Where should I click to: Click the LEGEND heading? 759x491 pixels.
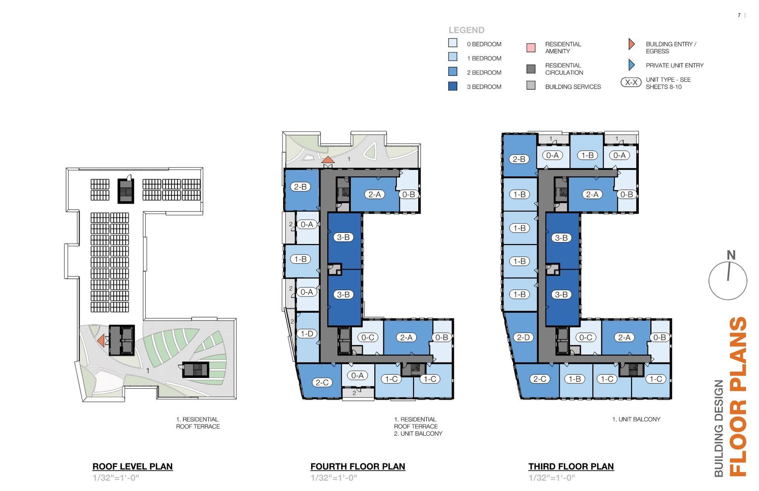(466, 30)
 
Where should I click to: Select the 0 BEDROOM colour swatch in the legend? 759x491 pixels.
(453, 43)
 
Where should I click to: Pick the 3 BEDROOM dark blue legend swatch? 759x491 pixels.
(453, 86)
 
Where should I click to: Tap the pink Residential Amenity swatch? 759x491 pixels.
(531, 47)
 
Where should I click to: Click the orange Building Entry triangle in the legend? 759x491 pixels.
(631, 44)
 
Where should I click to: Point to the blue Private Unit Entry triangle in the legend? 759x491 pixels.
(631, 65)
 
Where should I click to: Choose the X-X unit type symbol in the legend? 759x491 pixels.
(631, 82)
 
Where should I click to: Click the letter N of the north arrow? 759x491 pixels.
(731, 255)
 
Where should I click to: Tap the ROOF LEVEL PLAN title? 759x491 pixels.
(132, 466)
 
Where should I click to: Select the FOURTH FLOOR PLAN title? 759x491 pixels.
(358, 466)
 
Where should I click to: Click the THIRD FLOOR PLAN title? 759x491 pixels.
(571, 466)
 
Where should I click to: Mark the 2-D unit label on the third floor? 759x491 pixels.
(523, 337)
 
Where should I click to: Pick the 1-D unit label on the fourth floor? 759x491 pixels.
(307, 334)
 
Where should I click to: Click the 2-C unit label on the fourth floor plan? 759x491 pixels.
(322, 382)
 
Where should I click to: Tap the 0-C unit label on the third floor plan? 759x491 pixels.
(585, 337)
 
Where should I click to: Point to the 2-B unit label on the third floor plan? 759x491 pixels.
(519, 159)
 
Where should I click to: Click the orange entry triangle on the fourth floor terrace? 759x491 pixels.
(328, 160)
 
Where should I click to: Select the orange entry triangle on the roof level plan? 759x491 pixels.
(101, 340)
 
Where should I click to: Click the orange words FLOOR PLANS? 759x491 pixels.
(737, 397)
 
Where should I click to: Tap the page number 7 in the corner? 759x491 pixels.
(739, 15)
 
